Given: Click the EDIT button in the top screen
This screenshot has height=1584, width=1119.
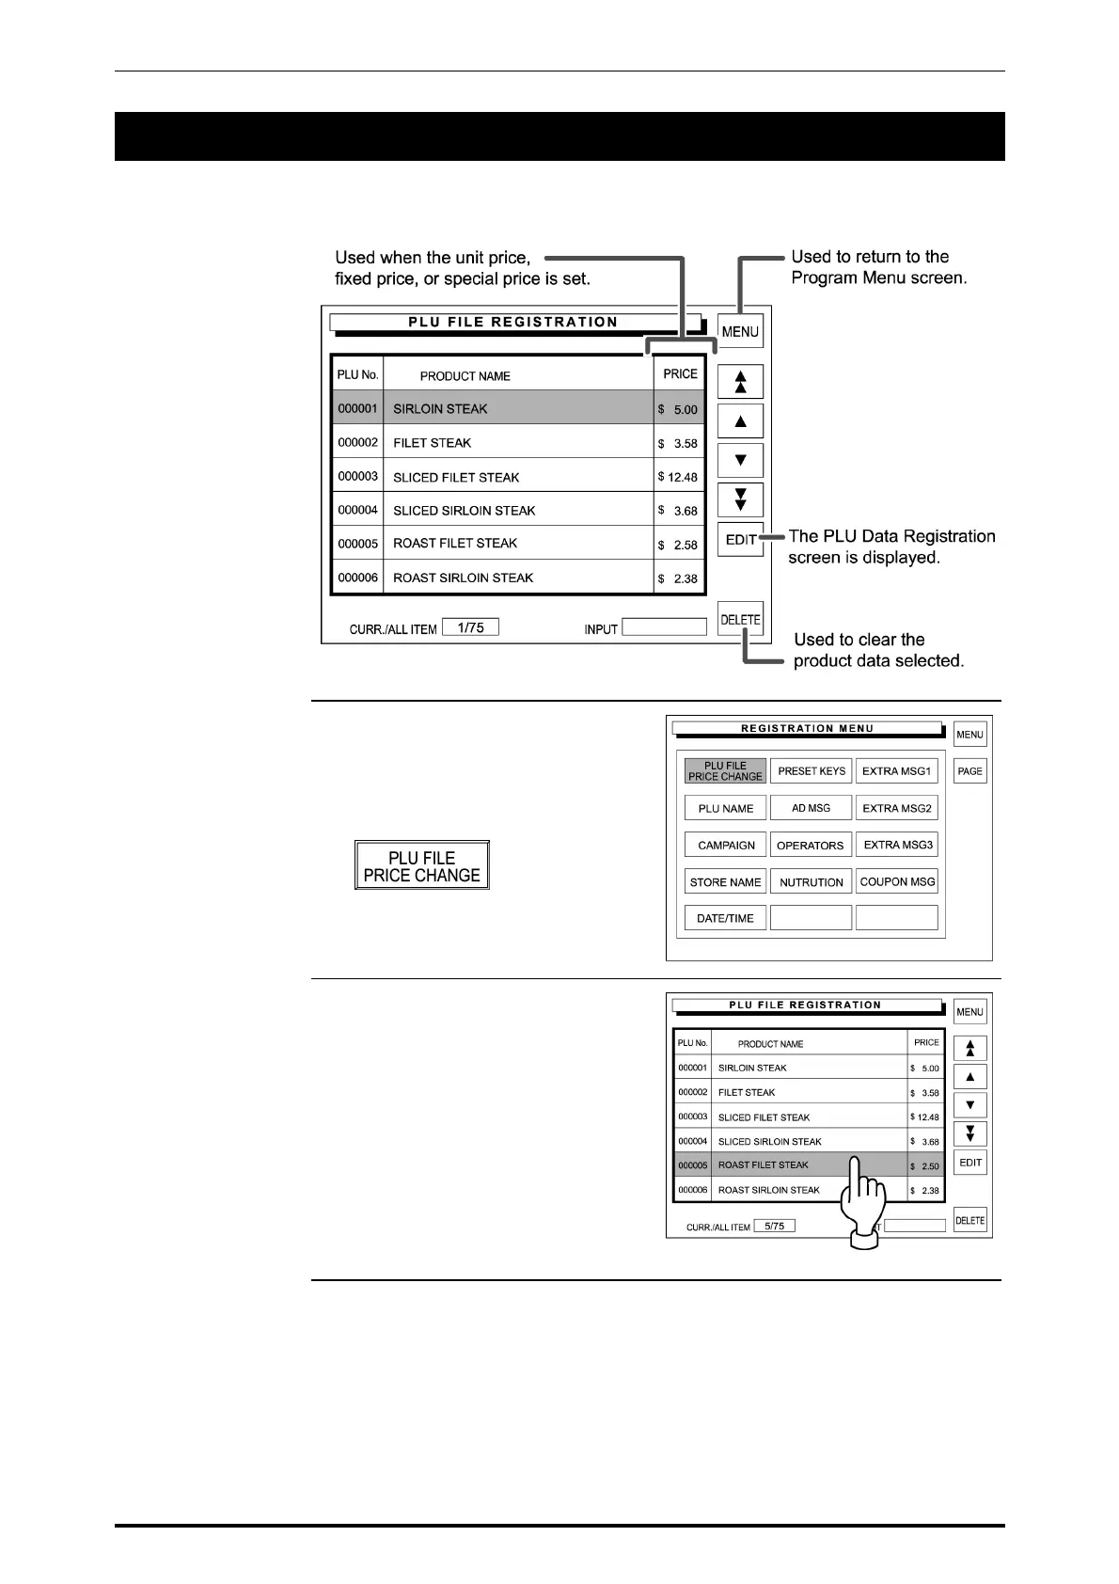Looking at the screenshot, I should (x=740, y=539).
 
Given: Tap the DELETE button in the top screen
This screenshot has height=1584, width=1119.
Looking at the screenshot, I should (x=740, y=619).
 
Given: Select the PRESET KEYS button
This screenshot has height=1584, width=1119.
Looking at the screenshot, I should (x=811, y=770).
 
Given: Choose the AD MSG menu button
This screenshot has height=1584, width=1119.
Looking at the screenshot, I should (x=811, y=807).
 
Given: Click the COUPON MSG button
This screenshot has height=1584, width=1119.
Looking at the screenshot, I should (x=897, y=881).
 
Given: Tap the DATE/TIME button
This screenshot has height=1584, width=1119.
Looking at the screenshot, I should (x=725, y=918).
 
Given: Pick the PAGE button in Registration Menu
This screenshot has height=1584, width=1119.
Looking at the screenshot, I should (x=969, y=771).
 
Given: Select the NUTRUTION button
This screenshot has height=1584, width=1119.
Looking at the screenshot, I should (x=811, y=881).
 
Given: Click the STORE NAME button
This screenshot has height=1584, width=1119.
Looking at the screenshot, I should (x=725, y=881).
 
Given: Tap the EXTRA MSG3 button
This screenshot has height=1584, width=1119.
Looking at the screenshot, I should (x=897, y=845).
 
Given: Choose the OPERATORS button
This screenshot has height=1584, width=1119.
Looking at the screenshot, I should (x=811, y=845).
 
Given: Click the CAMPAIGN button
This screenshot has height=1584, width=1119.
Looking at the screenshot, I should (x=725, y=845).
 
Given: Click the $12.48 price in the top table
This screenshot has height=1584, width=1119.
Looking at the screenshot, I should (x=679, y=477).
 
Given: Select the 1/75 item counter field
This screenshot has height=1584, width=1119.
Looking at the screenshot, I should (x=470, y=627).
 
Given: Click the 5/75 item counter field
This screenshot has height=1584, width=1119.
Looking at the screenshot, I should (x=774, y=1226).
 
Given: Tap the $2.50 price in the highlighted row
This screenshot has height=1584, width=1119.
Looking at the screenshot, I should (x=925, y=1166).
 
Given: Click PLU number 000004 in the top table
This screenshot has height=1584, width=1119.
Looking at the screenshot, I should (x=357, y=510).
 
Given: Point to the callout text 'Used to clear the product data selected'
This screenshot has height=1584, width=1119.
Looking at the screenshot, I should (x=878, y=650).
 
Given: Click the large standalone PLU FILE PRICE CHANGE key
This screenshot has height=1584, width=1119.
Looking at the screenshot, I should (x=421, y=865).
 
